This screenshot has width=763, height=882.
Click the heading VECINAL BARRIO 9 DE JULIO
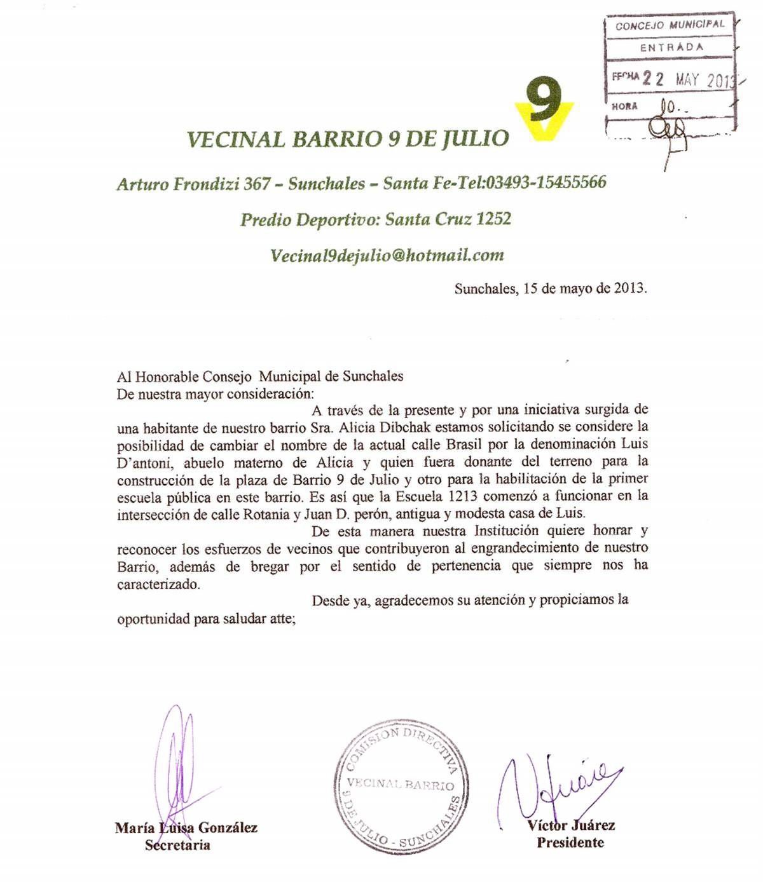[348, 139]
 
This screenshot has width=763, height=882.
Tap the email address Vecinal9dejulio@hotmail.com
[387, 255]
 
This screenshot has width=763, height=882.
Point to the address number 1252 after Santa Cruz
[493, 219]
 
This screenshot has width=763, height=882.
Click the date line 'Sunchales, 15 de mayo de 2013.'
[551, 288]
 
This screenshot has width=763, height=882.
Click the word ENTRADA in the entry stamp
[671, 48]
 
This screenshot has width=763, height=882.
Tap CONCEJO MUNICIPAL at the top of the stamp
[670, 25]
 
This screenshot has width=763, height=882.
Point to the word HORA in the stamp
[624, 106]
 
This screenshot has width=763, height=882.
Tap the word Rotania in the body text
[266, 514]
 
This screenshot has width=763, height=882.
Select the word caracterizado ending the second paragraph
[158, 584]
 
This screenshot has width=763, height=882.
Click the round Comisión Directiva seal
[402, 787]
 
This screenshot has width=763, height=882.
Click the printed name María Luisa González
[186, 827]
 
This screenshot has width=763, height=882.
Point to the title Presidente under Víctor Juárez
[570, 843]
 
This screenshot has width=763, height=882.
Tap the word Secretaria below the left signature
[177, 845]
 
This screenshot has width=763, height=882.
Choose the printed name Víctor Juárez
[571, 825]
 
